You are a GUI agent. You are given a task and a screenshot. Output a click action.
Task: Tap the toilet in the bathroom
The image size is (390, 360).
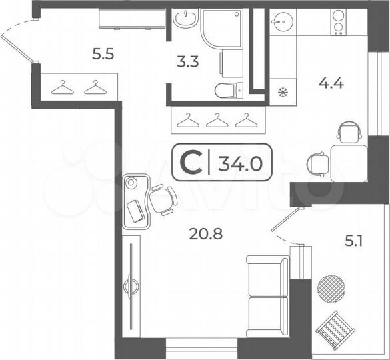[x=225, y=90]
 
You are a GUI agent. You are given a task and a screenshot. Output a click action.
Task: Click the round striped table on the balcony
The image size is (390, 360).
[x=331, y=289]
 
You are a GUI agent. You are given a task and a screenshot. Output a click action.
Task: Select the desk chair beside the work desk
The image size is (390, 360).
[x=162, y=200]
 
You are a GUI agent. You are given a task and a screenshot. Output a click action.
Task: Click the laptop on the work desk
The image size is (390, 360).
[x=135, y=211]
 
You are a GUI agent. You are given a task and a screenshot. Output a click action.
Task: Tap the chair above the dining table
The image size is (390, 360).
[x=348, y=133]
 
